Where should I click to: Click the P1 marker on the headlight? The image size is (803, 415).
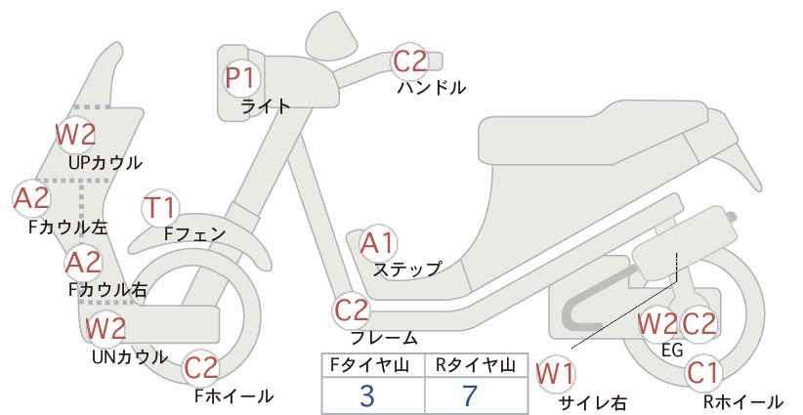[240, 77]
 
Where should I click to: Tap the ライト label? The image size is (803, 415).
[266, 106]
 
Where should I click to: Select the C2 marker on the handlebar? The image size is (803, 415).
[410, 62]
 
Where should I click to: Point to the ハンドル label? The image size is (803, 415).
[431, 88]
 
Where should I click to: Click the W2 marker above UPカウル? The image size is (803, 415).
[74, 134]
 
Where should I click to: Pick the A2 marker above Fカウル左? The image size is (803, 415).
[30, 199]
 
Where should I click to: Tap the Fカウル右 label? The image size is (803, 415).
[107, 289]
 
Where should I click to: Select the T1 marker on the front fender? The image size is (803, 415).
[160, 208]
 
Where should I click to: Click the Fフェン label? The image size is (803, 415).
[194, 234]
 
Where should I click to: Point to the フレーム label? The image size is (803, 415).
[384, 338]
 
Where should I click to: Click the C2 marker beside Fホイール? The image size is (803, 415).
[201, 368]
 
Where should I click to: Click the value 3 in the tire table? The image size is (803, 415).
[367, 396]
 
